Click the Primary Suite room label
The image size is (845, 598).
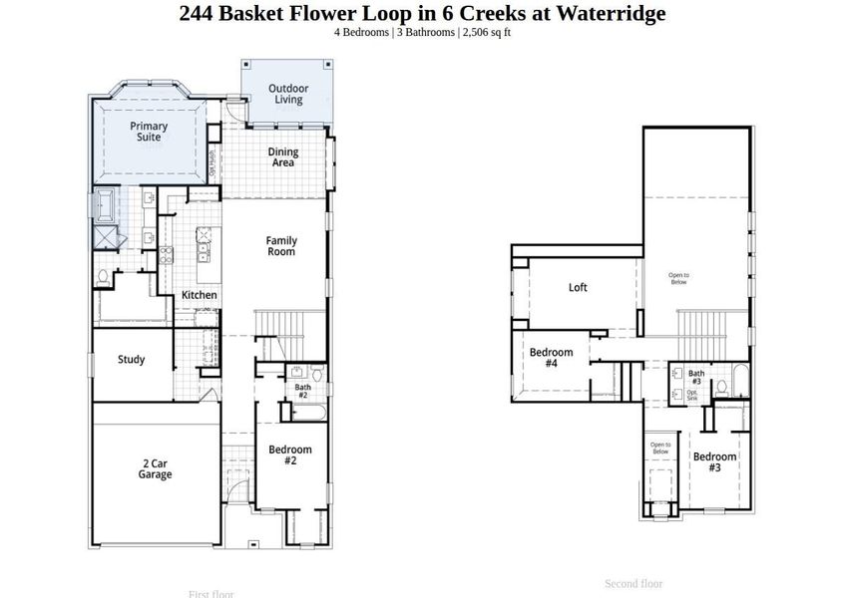point(149,132)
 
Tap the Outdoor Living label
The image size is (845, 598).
point(288,95)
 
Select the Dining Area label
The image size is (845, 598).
point(283,157)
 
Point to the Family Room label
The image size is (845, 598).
point(280,246)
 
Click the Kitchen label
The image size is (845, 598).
point(199,295)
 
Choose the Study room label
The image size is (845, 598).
point(131,360)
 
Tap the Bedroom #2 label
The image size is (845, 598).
point(290,455)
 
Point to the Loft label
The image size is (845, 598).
point(578,287)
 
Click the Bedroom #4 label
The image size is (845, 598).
point(551,358)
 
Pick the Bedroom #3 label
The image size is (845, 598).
point(714,461)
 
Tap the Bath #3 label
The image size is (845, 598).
point(695,378)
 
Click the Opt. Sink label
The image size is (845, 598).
point(692,395)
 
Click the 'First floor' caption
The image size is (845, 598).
point(211,594)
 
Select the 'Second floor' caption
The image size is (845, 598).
point(634,583)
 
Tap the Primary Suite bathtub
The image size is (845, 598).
point(105,205)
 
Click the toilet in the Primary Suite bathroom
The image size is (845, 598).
point(104,276)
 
